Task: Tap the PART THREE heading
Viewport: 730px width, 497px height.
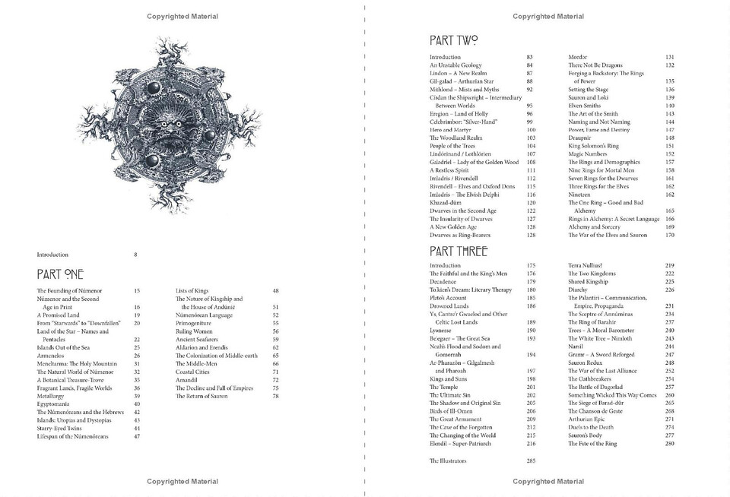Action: coord(459,251)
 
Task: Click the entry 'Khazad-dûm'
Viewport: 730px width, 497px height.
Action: coord(446,203)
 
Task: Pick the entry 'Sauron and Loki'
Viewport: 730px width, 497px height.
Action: coord(590,97)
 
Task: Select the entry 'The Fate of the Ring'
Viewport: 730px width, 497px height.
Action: coord(595,443)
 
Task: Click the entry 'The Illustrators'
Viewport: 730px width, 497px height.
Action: coord(449,461)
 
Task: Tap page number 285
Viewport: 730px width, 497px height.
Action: coord(531,461)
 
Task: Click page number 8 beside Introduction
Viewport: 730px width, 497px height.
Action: coord(135,255)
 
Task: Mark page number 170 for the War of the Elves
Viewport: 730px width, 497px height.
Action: coord(669,235)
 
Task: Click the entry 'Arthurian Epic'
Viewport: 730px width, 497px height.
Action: coord(592,419)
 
